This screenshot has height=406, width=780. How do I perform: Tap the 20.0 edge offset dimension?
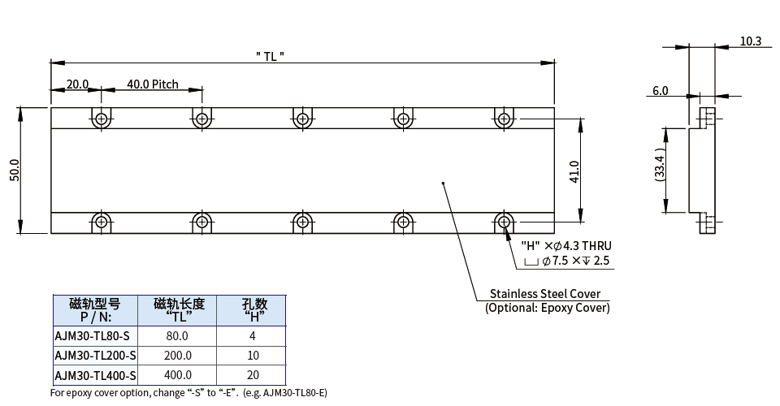pos(78,84)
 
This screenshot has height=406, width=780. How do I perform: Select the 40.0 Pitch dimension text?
pos(152,84)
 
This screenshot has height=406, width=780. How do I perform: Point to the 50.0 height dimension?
pos(14,171)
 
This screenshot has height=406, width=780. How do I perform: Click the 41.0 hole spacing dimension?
pos(574,171)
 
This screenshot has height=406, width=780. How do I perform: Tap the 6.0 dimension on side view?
pos(660,91)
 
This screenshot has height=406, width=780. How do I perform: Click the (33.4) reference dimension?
pos(661,165)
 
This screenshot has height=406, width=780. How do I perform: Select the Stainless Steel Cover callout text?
pos(545,293)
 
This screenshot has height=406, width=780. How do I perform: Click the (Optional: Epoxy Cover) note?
pos(547,308)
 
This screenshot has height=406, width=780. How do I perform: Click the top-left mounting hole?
pos(101,119)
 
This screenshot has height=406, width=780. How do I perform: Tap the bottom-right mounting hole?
pos(504,221)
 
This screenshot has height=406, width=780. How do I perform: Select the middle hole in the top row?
pos(302,119)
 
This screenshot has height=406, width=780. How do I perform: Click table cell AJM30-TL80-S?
pos(93,335)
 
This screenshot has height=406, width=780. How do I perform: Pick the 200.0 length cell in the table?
pos(178,355)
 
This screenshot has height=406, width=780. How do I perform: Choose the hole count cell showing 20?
pos(253,374)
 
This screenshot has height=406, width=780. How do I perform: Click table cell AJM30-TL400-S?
pos(95,374)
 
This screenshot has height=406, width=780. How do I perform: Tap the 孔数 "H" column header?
pos(253,309)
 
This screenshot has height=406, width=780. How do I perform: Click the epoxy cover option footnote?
pos(188,393)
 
